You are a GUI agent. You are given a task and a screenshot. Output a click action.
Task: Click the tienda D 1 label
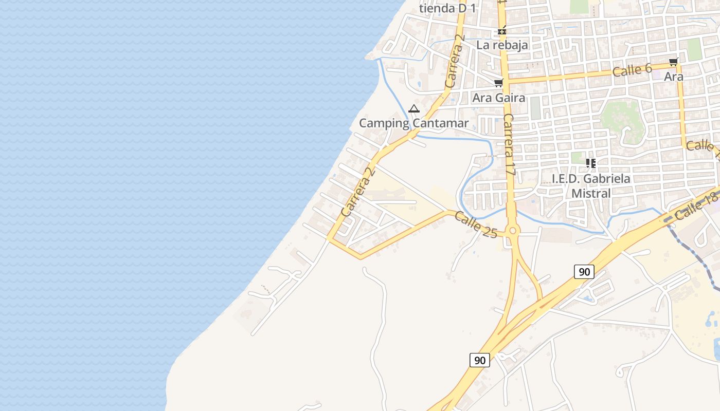(x=447, y=8)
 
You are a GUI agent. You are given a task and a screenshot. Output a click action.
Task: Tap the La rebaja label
(x=502, y=45)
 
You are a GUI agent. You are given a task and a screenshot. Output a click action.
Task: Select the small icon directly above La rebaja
(x=502, y=31)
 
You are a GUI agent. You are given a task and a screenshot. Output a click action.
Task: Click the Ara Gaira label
(x=499, y=98)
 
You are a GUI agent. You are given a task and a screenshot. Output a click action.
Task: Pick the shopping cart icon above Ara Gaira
(x=498, y=83)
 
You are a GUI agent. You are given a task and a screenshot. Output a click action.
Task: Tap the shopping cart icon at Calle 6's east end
(x=673, y=62)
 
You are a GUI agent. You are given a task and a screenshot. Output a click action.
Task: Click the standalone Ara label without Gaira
(x=674, y=77)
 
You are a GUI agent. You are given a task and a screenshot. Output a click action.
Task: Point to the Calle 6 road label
(x=632, y=70)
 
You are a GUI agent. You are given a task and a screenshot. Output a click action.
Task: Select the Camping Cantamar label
(x=414, y=123)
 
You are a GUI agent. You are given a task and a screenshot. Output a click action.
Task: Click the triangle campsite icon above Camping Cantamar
(x=414, y=108)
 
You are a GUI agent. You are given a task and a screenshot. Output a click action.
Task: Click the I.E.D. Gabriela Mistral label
(x=591, y=186)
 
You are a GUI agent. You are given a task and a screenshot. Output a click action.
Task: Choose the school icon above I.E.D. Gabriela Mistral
(x=591, y=163)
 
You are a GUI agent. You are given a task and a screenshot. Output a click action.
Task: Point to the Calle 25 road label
(x=476, y=225)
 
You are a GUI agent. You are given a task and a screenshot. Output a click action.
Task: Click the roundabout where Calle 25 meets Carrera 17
(x=512, y=231)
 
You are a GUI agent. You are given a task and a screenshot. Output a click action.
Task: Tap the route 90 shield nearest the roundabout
(x=584, y=271)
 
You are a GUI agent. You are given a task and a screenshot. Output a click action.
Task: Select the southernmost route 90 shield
(x=480, y=360)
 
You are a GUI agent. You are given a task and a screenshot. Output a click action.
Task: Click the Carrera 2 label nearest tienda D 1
(x=455, y=61)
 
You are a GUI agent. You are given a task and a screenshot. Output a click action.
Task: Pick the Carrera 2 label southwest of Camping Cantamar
(x=356, y=191)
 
